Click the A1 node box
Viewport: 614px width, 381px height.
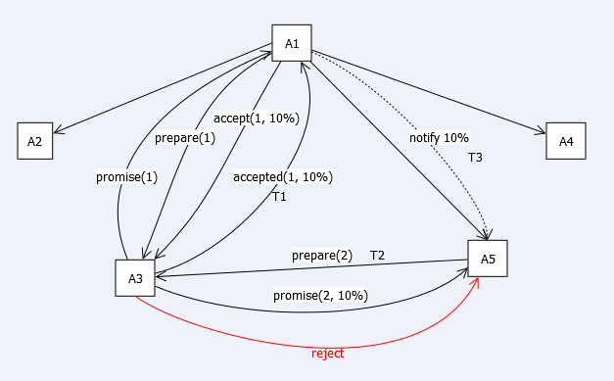coord(292,43)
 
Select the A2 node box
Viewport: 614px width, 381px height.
coord(35,141)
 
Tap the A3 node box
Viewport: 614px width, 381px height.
coord(135,278)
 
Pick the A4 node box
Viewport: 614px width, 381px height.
coord(566,141)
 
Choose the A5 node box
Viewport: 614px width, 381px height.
coord(488,259)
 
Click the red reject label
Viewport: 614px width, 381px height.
coord(327,354)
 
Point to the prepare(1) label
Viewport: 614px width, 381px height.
coord(185,138)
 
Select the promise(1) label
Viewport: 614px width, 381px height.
coord(126,177)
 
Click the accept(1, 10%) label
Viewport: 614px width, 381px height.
coord(257,119)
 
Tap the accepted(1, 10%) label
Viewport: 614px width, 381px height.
coord(283,177)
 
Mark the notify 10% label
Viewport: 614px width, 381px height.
coord(439,138)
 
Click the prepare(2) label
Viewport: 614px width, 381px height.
coord(322,256)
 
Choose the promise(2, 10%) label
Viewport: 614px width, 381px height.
coord(320,295)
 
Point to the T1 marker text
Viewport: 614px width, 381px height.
coord(279,197)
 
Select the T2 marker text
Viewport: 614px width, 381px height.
coord(377,256)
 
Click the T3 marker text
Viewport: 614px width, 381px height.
coord(475,158)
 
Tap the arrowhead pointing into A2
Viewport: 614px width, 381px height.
coord(58,130)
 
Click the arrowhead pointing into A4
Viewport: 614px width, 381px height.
coord(541,130)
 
